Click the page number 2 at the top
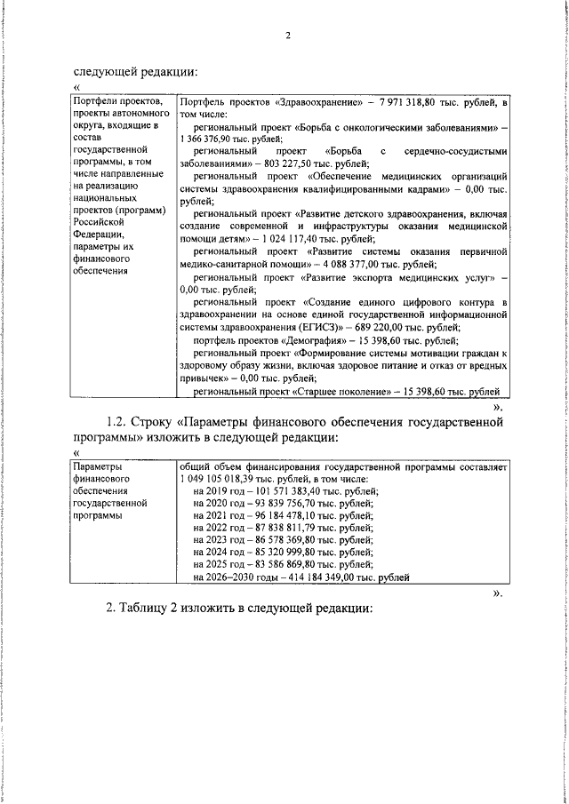coord(287,36)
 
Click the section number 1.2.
coord(116,423)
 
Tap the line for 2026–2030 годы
coord(301,577)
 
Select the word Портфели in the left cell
coord(95,102)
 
